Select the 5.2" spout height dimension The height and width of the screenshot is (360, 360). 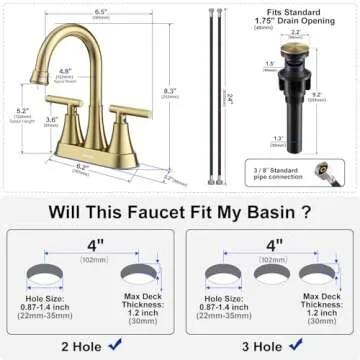click(23, 114)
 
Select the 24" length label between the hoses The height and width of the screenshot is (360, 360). click(230, 97)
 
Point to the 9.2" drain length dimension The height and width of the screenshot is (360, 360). click(343, 99)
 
